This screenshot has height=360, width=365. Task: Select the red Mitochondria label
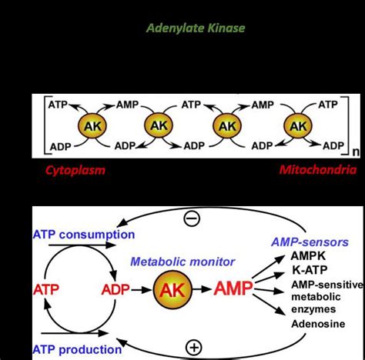click(x=316, y=169)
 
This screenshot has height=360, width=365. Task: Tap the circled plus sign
click(x=193, y=348)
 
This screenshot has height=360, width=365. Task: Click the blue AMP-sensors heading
click(x=310, y=242)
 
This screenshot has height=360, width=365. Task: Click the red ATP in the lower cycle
click(x=45, y=290)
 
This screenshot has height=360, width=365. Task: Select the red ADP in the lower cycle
click(x=115, y=290)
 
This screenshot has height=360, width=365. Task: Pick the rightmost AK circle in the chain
click(x=296, y=124)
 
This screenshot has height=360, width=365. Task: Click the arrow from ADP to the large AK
click(x=141, y=290)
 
